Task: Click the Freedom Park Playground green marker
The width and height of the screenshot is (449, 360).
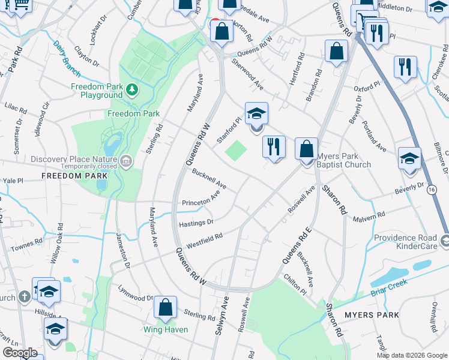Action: coord(132,91)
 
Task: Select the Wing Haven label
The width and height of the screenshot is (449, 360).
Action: coord(165,329)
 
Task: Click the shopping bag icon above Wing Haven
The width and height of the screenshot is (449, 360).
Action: coord(165,308)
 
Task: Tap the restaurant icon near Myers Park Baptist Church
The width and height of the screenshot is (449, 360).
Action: coord(274,146)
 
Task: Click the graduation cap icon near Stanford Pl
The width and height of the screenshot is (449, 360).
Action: coord(256,114)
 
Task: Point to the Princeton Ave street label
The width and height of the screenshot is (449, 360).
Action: coord(202,199)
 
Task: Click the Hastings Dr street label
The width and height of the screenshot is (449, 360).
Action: coord(196,223)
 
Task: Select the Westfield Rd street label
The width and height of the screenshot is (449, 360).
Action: coord(204,241)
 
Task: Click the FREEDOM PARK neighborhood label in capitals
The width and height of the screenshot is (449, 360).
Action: coord(74,176)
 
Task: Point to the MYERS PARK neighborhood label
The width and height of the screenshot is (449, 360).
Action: coord(372,315)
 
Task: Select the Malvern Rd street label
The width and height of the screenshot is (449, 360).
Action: coord(369,217)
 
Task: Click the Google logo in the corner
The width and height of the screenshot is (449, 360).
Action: coord(20,353)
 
